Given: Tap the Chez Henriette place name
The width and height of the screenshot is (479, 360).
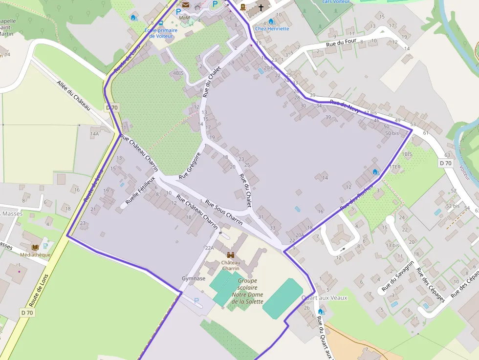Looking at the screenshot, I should click(x=272, y=29).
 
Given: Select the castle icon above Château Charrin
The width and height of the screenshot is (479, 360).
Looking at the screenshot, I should click(x=231, y=255).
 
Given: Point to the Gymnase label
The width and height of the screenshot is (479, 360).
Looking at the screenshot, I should click(x=194, y=278).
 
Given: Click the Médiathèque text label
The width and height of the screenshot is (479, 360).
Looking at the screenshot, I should click(x=35, y=254).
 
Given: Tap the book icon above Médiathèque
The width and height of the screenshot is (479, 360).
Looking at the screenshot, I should click(x=35, y=247).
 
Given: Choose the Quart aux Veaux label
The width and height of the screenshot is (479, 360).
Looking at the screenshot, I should click(x=324, y=298).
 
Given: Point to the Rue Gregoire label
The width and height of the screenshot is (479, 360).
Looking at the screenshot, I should click(x=190, y=166).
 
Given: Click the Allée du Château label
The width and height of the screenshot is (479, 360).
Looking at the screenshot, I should click(x=74, y=95).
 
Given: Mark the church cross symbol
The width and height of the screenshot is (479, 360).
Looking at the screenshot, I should click(x=261, y=8).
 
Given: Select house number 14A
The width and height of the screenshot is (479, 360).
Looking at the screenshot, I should click(x=94, y=133).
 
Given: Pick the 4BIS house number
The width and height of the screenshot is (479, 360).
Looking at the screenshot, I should click(x=178, y=73).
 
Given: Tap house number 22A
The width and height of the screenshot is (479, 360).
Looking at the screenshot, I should click(x=209, y=248).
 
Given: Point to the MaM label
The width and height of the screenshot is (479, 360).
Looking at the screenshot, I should click(x=184, y=18).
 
